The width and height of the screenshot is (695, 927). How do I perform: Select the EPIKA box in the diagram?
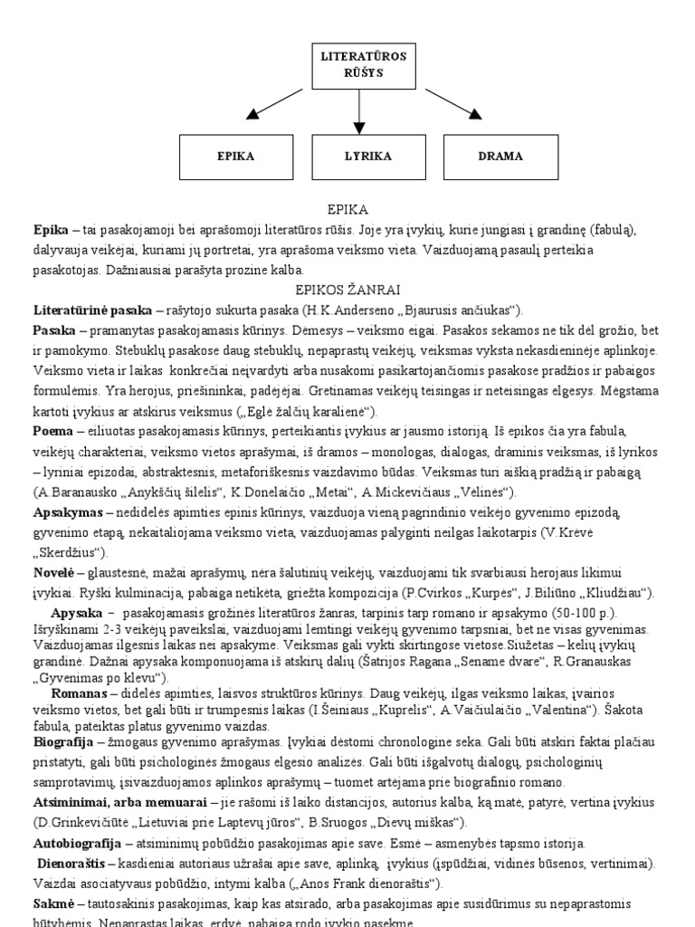click(x=235, y=157)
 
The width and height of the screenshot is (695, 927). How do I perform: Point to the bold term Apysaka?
click(x=77, y=613)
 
